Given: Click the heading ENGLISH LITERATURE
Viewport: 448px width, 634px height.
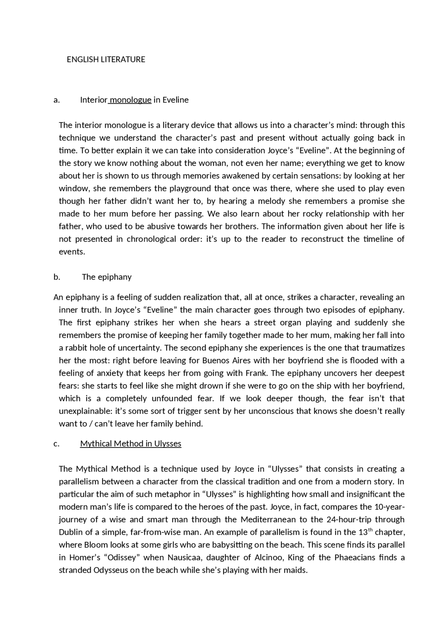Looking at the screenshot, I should [106, 60].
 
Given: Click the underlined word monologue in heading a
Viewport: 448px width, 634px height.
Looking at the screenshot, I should [131, 100].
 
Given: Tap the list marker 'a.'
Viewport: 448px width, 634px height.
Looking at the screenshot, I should [57, 100].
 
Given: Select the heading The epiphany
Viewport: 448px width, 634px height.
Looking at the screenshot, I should [107, 277].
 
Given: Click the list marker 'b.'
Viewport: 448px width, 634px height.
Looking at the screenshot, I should [57, 277].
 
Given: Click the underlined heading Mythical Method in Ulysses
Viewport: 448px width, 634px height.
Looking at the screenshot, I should [131, 444].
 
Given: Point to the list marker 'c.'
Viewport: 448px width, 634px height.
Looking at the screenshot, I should [57, 444].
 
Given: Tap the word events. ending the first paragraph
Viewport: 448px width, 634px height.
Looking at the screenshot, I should [72, 252].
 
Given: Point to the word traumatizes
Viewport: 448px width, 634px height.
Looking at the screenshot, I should [383, 348].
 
